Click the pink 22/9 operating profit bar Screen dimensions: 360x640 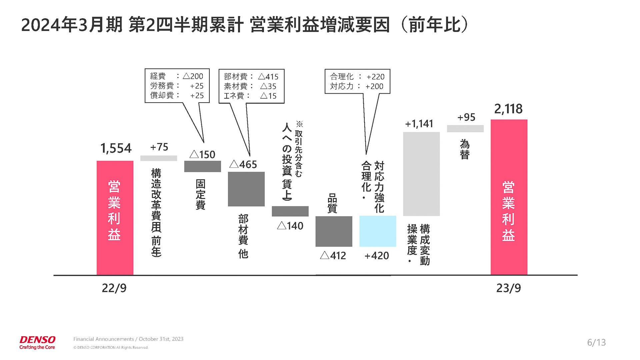pyautogui.click(x=115, y=218)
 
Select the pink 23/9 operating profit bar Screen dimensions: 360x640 pyautogui.click(x=509, y=197)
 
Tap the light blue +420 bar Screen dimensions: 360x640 pyautogui.click(x=377, y=231)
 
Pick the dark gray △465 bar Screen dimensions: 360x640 pyautogui.click(x=246, y=189)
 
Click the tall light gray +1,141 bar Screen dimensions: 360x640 pyautogui.click(x=421, y=174)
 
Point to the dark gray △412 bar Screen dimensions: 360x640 pyautogui.click(x=334, y=231)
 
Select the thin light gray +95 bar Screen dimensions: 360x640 pyautogui.click(x=465, y=129)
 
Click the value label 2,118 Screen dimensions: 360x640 pyautogui.click(x=508, y=109)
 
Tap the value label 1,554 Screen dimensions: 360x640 pyautogui.click(x=116, y=148)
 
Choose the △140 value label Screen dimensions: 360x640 pyautogui.click(x=290, y=226)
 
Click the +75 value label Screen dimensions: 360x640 pyautogui.click(x=159, y=147)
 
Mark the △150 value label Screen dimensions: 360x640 pyautogui.click(x=202, y=155)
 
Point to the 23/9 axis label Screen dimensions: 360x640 pyautogui.click(x=508, y=288)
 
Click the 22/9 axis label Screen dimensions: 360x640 pyautogui.click(x=114, y=288)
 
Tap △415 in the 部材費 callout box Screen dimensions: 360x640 pyautogui.click(x=268, y=77)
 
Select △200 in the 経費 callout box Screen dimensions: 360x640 pyautogui.click(x=193, y=76)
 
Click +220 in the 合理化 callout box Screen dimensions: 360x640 pyautogui.click(x=375, y=77)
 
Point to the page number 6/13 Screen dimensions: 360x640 pyautogui.click(x=596, y=342)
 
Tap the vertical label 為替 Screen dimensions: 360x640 pyautogui.click(x=465, y=149)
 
